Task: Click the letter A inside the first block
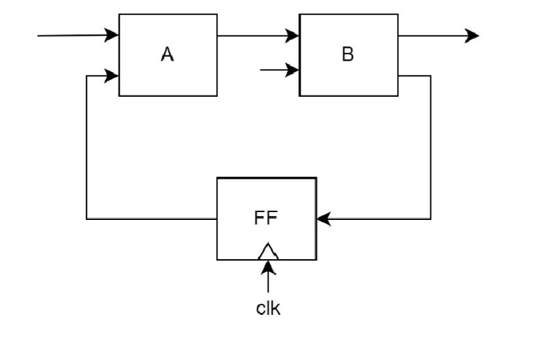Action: [x=168, y=55]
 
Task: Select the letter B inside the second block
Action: [x=348, y=55]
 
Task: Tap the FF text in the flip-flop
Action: [x=266, y=219]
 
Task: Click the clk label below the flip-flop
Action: [x=268, y=308]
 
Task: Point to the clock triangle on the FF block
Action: [x=267, y=251]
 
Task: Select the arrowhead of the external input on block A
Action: [x=112, y=35]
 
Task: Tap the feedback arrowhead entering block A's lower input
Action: [x=112, y=76]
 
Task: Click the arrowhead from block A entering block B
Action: [x=293, y=35]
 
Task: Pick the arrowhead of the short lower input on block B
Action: [x=293, y=70]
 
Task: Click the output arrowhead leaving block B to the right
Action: [x=472, y=35]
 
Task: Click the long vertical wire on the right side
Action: [x=430, y=147]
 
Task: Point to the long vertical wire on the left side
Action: [x=86, y=147]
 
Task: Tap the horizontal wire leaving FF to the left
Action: [x=151, y=219]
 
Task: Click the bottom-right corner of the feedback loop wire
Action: [x=430, y=219]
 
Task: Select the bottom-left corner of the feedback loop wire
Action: [x=86, y=219]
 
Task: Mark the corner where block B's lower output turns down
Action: [x=430, y=76]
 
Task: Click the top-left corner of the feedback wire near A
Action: [x=86, y=76]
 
